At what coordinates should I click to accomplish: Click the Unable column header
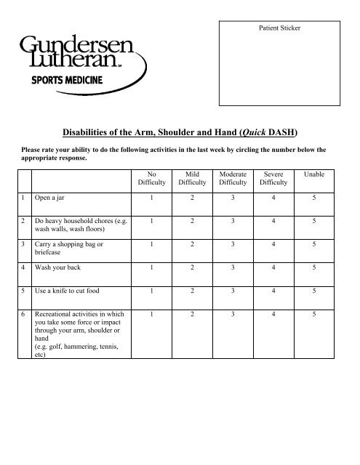pyautogui.click(x=315, y=176)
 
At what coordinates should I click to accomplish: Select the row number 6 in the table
pyautogui.click(x=24, y=315)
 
